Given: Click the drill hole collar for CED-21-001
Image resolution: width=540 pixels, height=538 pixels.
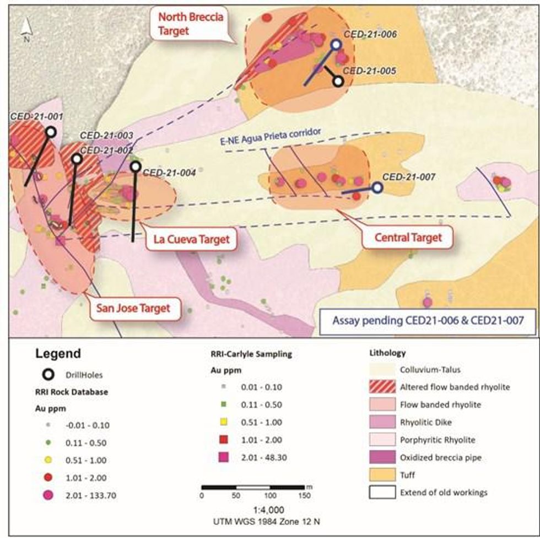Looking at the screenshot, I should click(x=51, y=132).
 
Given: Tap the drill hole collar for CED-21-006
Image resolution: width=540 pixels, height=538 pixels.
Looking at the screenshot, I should click(x=336, y=45).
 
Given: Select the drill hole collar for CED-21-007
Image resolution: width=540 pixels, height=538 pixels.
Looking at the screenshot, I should click(x=377, y=188).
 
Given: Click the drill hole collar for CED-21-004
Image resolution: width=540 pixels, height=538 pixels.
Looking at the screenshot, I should click(x=136, y=166).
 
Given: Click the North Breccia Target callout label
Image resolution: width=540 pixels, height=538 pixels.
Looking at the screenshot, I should click(x=190, y=24).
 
